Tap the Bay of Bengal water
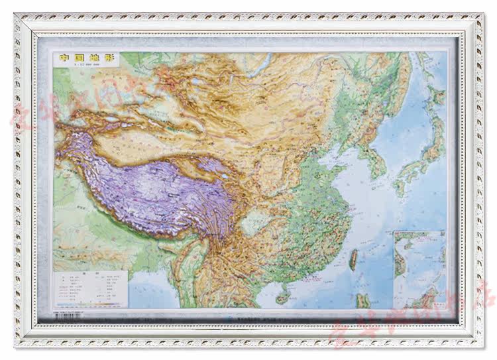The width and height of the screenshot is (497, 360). click(x=142, y=292)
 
